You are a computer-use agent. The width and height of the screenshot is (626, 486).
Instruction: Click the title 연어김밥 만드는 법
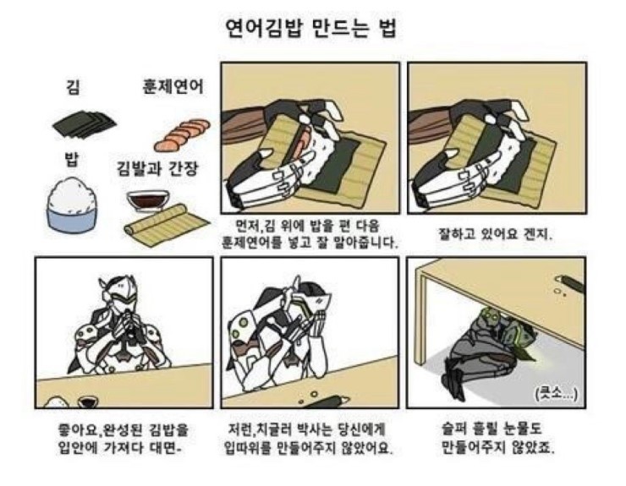tap(311, 28)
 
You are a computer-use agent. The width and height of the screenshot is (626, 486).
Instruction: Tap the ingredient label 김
tap(73, 87)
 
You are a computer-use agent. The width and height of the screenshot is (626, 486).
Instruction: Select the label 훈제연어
tap(173, 86)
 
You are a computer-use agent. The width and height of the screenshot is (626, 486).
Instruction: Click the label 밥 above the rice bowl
tap(71, 159)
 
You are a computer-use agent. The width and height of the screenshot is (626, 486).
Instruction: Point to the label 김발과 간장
tap(156, 168)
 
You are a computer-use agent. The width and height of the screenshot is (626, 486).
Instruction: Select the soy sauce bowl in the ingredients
tap(148, 200)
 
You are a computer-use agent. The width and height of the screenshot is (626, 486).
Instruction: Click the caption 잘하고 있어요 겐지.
tap(495, 234)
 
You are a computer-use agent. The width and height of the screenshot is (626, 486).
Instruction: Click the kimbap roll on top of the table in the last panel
tap(568, 283)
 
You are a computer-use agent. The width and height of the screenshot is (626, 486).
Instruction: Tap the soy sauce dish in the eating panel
tap(88, 401)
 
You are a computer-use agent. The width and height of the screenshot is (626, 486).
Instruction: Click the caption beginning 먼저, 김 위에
tap(310, 234)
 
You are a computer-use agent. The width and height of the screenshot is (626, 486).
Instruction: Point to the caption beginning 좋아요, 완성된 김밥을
tap(123, 439)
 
